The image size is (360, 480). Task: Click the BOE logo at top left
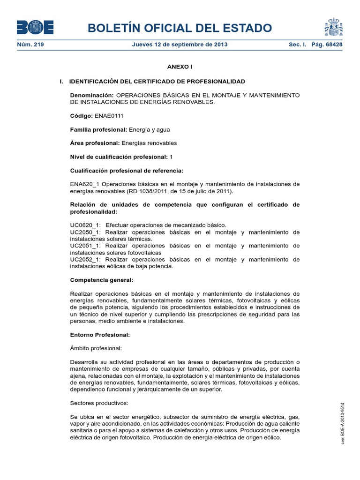click(35, 27)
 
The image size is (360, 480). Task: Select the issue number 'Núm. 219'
click(27, 45)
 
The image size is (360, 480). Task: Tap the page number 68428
click(331, 45)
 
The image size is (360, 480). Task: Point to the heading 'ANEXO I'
click(180, 67)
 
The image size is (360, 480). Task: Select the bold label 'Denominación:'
click(92, 95)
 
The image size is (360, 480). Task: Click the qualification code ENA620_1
click(84, 184)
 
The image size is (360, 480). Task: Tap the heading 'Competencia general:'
click(102, 280)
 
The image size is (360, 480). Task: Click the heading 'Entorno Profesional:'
click(99, 335)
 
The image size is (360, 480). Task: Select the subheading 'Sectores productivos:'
click(99, 404)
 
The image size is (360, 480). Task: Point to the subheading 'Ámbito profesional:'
click(96, 349)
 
